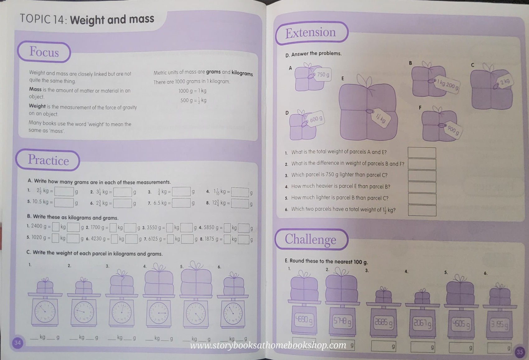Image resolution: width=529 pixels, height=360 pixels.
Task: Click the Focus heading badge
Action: click(x=44, y=52)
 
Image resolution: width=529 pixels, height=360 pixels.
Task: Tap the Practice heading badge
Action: click(x=48, y=160)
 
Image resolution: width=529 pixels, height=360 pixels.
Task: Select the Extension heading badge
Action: click(x=311, y=33)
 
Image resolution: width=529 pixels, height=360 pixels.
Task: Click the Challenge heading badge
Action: click(x=311, y=239)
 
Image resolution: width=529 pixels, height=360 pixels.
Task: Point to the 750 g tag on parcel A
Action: click(x=323, y=75)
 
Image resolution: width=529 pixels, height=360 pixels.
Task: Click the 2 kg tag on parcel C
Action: click(x=504, y=82)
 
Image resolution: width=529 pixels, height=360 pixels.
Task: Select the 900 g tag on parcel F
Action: click(x=453, y=130)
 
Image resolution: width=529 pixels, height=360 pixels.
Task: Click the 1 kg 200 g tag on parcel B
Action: click(x=447, y=85)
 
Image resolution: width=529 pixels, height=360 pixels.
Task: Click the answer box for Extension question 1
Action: click(x=422, y=153)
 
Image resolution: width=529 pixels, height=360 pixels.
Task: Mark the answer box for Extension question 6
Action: click(x=422, y=211)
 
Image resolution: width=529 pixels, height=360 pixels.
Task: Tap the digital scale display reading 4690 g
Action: click(x=304, y=320)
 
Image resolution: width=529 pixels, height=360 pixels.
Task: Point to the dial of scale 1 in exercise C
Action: click(x=45, y=312)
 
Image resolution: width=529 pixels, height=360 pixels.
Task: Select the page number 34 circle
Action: click(x=18, y=343)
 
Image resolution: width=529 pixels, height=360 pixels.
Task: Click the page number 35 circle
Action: click(x=520, y=352)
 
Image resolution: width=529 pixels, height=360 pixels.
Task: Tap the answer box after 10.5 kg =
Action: click(x=64, y=203)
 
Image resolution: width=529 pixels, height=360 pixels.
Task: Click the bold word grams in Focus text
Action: click(x=213, y=72)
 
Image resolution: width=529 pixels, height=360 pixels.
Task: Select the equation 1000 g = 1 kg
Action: click(x=192, y=91)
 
